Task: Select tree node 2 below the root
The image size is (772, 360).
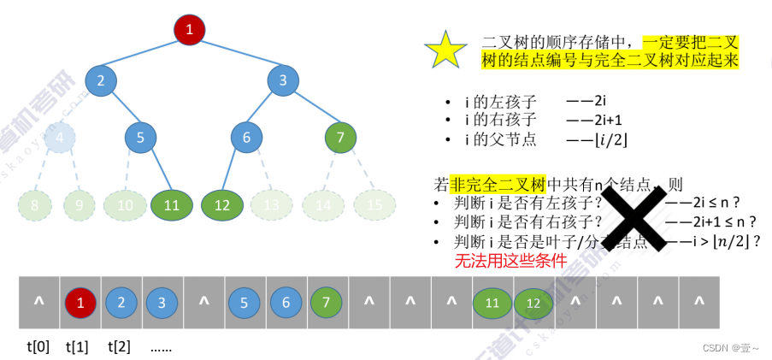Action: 101,81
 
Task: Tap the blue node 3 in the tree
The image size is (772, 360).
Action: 282,81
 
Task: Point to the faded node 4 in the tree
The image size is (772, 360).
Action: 60,137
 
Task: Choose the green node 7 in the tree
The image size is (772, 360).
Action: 340,137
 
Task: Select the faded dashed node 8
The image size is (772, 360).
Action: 35,205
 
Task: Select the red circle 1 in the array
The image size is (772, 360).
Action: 80,303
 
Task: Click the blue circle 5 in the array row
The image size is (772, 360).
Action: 245,303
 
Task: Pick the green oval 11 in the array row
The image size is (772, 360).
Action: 492,303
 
